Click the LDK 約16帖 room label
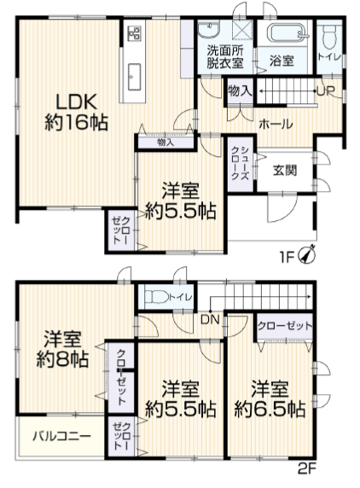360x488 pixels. tap(77, 112)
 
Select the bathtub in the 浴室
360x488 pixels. tap(285, 32)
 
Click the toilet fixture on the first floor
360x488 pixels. tap(328, 38)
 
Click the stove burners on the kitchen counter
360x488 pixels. tap(135, 33)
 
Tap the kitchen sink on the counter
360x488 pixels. tap(134, 77)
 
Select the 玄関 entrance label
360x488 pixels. tap(285, 171)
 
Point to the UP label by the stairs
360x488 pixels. tap(326, 91)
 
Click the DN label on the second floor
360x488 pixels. tap(210, 320)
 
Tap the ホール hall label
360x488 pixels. tap(276, 125)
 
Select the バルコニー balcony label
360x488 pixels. tap(62, 436)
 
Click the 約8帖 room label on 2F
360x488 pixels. tap(62, 349)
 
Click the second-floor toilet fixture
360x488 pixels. tap(155, 297)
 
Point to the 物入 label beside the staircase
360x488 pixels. tap(240, 91)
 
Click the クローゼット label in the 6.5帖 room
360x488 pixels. tap(285, 326)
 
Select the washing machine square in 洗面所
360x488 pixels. tap(242, 30)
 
